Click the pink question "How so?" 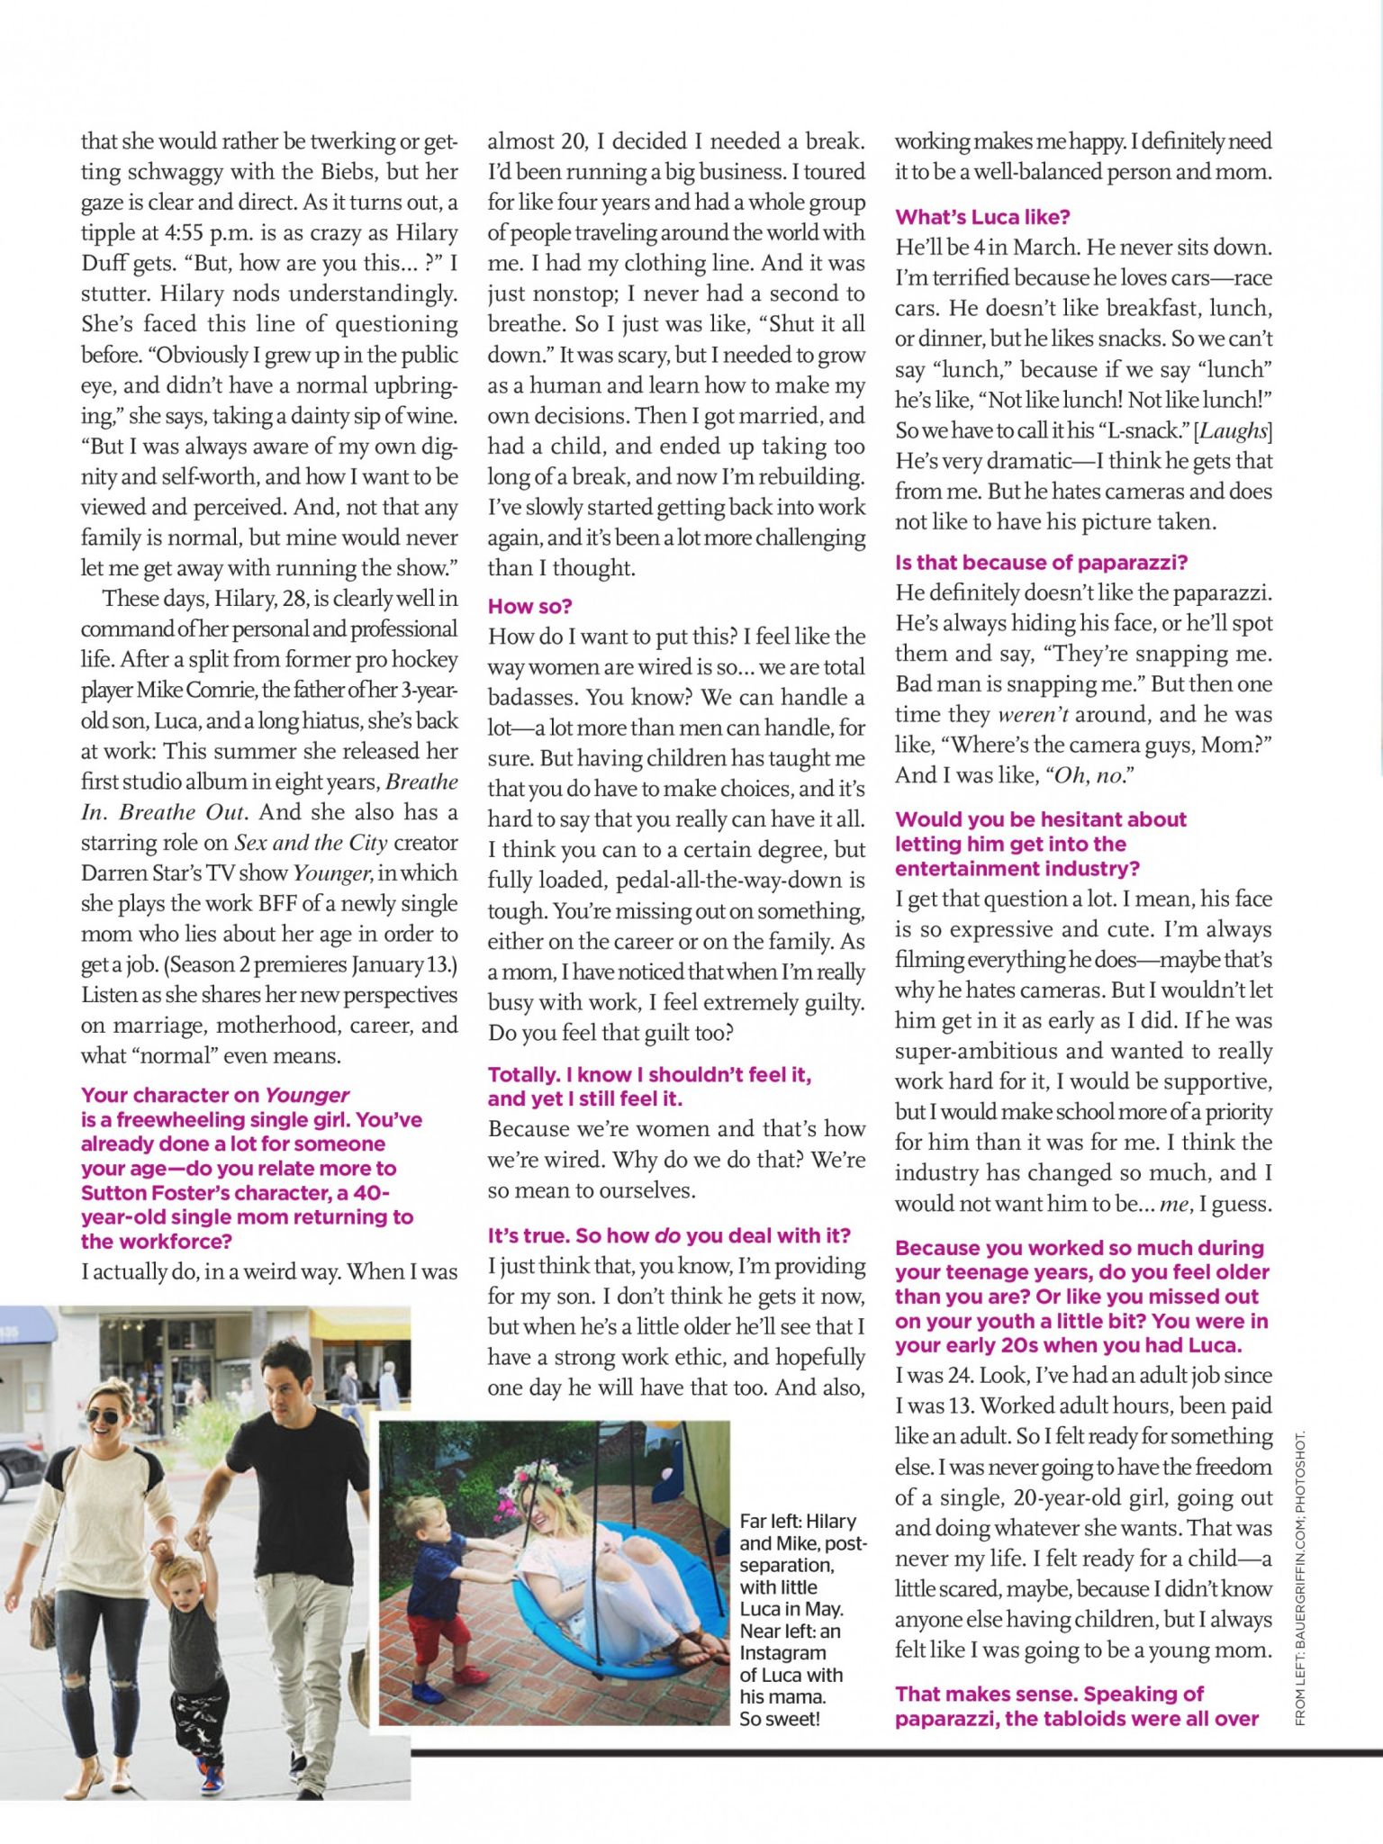[x=530, y=606]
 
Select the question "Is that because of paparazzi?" [x=1041, y=563]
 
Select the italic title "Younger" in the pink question [x=307, y=1095]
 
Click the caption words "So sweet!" [x=780, y=1719]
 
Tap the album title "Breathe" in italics [x=421, y=782]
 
